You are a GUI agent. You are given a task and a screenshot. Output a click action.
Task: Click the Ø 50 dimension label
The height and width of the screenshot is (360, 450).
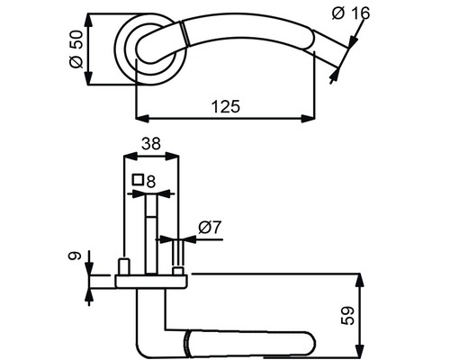(x=76, y=49)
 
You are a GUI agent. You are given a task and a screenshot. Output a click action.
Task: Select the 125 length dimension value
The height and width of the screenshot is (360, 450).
(x=226, y=106)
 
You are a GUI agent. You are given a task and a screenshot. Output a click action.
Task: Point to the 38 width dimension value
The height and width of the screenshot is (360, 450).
(x=150, y=142)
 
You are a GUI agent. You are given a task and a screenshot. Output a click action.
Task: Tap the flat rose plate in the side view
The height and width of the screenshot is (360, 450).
(x=150, y=282)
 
